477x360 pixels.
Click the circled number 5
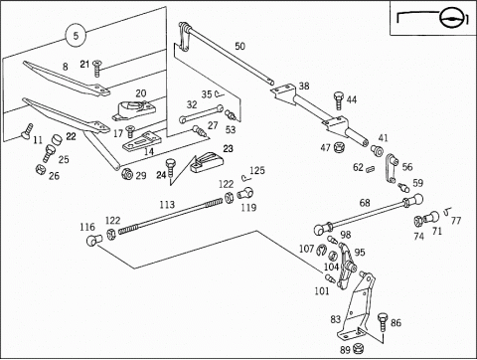click(x=76, y=35)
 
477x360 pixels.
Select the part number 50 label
click(x=239, y=46)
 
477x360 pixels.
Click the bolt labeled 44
click(x=339, y=99)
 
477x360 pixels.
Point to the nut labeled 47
click(x=339, y=147)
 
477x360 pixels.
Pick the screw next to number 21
click(x=97, y=69)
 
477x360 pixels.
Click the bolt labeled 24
click(x=171, y=167)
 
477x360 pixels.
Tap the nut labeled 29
click(x=127, y=173)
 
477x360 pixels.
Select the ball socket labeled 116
click(x=93, y=240)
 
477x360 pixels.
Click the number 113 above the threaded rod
click(x=167, y=205)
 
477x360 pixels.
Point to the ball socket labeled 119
click(x=245, y=193)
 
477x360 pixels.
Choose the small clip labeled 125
click(x=245, y=177)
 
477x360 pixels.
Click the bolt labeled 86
click(x=383, y=321)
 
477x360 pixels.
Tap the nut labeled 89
click(x=358, y=348)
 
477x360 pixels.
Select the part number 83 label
click(x=336, y=319)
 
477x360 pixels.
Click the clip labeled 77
click(x=447, y=211)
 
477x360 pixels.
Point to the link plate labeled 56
click(x=392, y=168)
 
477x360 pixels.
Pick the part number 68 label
click(x=365, y=203)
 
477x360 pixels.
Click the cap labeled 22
click(x=57, y=139)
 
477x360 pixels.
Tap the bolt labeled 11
click(x=27, y=131)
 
